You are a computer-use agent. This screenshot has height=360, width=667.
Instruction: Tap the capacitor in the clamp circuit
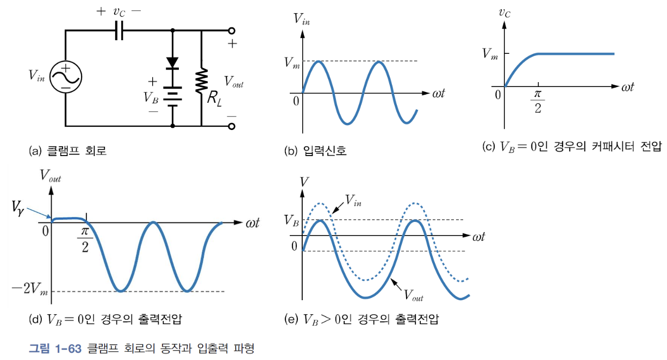tap(120, 31)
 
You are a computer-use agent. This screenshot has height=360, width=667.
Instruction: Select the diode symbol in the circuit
tap(172, 63)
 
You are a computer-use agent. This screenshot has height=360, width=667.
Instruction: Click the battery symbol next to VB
tap(172, 97)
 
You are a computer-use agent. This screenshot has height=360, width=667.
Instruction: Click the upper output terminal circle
tap(232, 31)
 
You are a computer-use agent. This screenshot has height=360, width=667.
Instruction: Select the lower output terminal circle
tap(232, 126)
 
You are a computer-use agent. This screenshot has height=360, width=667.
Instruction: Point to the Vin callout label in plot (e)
tap(353, 203)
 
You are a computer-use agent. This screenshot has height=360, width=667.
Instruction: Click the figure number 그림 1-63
tap(55, 347)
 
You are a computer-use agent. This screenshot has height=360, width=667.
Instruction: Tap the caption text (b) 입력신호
tap(315, 151)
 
